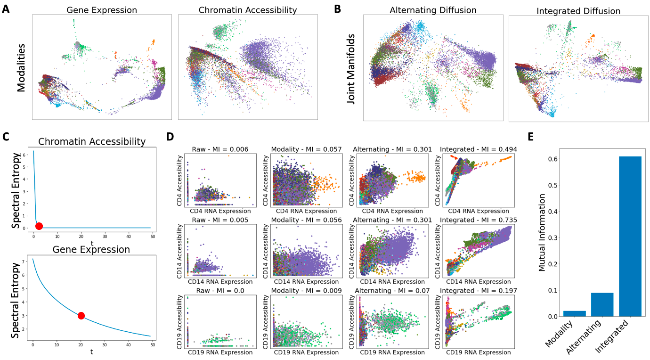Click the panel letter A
(x=6, y=9)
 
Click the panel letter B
(x=337, y=9)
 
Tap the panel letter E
(x=531, y=137)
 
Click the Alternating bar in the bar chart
(x=602, y=304)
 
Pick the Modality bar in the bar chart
(x=575, y=313)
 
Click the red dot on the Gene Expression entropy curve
(x=81, y=316)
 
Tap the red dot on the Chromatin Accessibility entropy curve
(x=39, y=226)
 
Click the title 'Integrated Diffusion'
(x=578, y=10)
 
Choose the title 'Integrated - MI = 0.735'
(x=479, y=220)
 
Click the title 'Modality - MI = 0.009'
(x=306, y=291)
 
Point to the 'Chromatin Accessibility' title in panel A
(x=248, y=10)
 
